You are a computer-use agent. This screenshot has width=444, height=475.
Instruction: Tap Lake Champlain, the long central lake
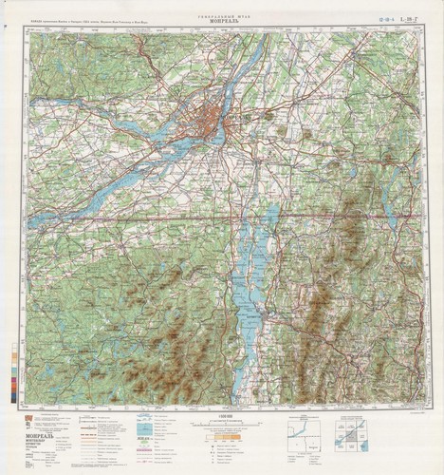pyautogui.click(x=249, y=285)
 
